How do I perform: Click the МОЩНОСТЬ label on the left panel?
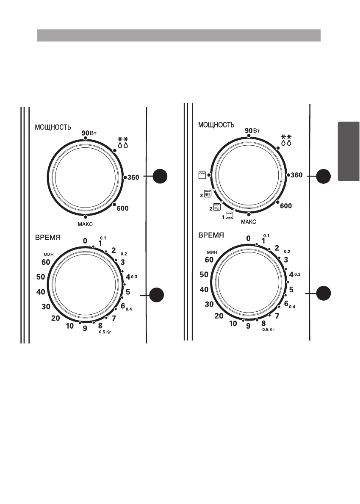(53, 127)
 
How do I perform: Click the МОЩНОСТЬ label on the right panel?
(216, 125)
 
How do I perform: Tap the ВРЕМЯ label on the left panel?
(48, 238)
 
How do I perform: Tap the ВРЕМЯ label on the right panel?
(211, 235)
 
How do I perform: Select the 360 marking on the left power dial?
(133, 177)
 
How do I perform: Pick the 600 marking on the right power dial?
(286, 206)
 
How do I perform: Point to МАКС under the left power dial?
(85, 224)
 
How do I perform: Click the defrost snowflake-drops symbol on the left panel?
(123, 142)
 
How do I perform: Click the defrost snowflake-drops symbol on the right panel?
(286, 140)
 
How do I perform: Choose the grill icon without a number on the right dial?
(202, 175)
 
